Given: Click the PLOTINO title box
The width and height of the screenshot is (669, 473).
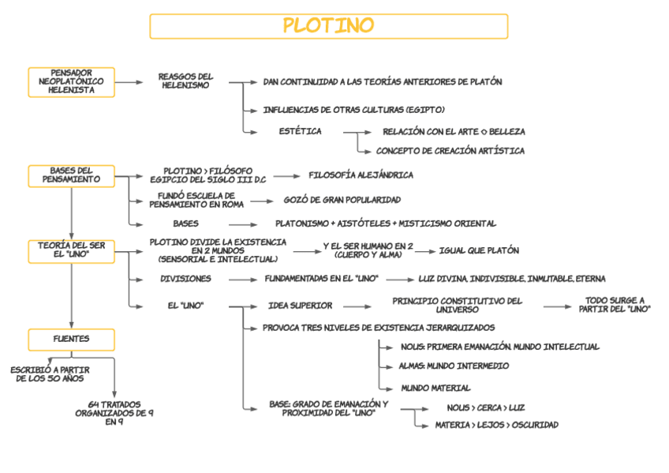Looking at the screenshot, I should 328,26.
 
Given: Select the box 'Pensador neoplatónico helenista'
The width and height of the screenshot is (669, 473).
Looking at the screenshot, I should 71,82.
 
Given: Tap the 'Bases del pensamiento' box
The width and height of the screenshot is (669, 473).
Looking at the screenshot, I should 71,175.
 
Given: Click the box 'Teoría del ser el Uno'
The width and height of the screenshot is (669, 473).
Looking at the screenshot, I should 71,250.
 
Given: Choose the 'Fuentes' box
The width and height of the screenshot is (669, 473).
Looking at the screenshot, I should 71,339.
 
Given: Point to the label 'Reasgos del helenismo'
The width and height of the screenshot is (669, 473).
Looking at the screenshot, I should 185,81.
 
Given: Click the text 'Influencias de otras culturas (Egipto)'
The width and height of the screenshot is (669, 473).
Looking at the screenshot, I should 353,110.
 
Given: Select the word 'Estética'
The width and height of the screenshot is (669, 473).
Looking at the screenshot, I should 300,132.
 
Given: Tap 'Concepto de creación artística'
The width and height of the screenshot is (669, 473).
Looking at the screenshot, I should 450,151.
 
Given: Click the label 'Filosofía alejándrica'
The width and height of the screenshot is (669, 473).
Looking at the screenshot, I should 361,175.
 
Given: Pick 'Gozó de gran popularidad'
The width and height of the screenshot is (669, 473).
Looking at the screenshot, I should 342,200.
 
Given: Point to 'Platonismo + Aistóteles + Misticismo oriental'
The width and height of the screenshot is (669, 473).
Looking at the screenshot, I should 386,223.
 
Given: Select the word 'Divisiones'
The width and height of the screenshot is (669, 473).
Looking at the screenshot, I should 185,279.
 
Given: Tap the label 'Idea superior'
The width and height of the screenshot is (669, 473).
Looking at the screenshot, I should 300,306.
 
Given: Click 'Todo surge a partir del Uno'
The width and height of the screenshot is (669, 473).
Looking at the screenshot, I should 615,305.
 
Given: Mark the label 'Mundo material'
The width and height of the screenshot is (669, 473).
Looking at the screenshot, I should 435,389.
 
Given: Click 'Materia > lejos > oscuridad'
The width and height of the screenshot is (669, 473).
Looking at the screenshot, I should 496,425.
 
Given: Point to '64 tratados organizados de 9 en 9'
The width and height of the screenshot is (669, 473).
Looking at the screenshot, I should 114,412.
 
